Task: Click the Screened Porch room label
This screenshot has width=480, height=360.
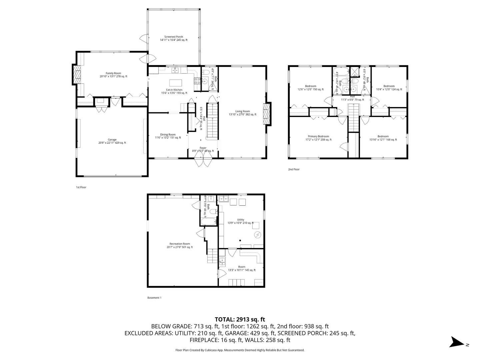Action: tap(173, 37)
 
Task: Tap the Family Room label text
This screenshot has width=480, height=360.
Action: tap(113, 73)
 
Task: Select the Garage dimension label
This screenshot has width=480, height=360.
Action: tap(112, 143)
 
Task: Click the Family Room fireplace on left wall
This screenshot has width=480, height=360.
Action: tap(77, 75)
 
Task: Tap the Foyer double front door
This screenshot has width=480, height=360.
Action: tap(203, 162)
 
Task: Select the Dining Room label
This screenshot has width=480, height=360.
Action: tap(168, 135)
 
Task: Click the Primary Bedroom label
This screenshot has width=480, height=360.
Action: tap(318, 136)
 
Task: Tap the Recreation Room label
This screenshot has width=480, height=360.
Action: tap(180, 244)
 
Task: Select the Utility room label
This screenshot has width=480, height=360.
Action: tap(240, 220)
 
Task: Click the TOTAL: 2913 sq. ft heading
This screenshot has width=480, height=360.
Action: tap(240, 319)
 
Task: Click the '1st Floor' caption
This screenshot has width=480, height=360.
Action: tap(81, 187)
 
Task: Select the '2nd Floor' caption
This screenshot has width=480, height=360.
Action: tap(294, 169)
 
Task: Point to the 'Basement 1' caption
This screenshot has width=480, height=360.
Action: tap(154, 298)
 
